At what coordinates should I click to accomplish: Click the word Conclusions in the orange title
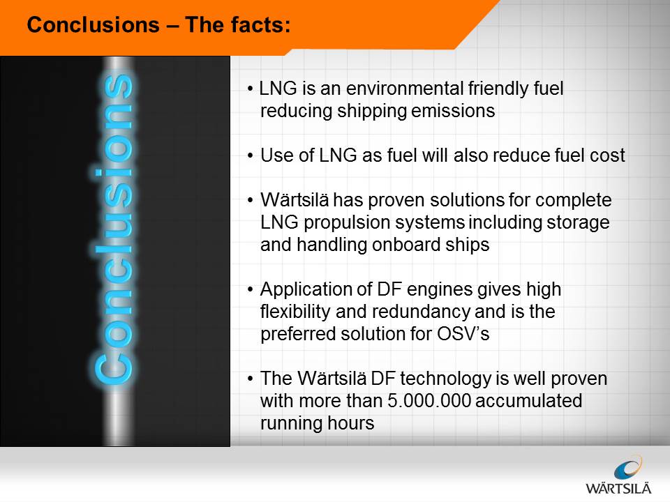point(93,25)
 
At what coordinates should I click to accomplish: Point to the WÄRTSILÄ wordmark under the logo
point(618,488)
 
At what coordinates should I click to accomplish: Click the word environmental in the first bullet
point(405,89)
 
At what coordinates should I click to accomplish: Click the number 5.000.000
point(429,401)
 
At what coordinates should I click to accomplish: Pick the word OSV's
point(463,334)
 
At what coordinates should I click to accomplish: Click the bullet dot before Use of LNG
point(251,156)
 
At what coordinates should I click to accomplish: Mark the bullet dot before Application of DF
point(251,290)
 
